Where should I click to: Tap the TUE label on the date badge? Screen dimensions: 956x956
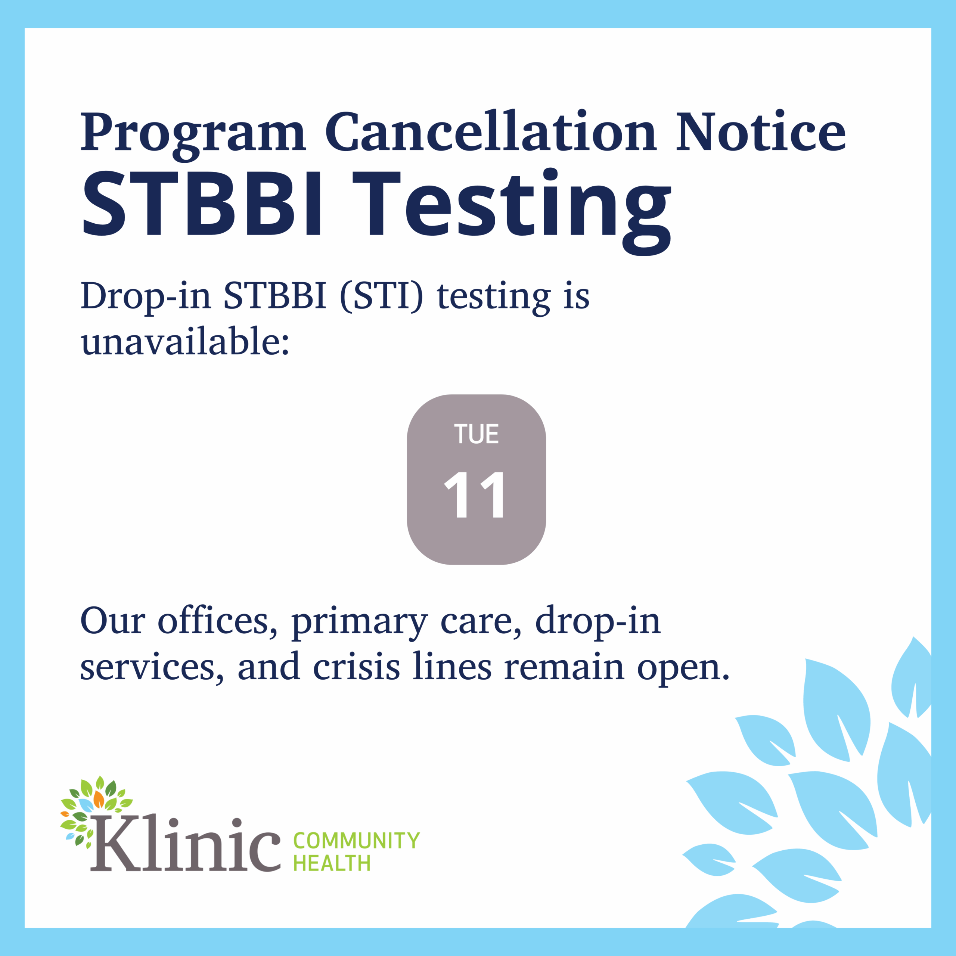477,434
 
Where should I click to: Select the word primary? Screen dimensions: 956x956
359,624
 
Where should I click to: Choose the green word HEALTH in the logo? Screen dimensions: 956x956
332,863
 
